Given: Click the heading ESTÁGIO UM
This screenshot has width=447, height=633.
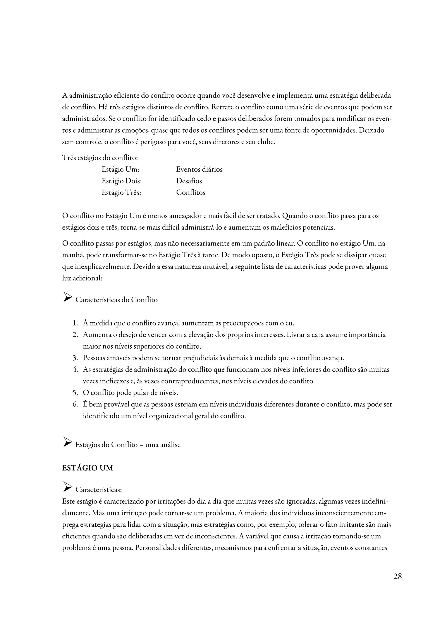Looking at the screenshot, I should point(88,468).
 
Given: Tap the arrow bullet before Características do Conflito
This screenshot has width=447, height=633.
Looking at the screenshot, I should point(67,297).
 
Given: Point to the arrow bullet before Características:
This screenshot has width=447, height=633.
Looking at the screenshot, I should point(67,487).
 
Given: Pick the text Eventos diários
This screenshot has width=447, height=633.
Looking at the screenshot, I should point(199,169).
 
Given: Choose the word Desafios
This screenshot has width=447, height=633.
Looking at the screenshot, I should point(189,181).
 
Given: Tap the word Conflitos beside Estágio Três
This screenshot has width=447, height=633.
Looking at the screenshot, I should point(191,192).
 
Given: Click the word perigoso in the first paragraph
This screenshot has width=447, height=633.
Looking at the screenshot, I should point(153,142).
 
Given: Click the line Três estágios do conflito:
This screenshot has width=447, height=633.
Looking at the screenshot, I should point(100,158).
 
